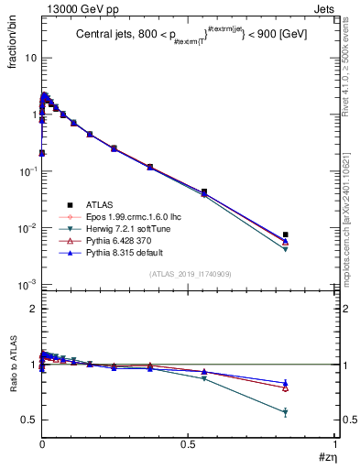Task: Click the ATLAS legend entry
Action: pos(95,204)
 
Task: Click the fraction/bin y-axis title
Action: pos(19,54)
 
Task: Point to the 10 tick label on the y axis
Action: pos(29,58)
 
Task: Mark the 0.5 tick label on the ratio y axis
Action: pos(29,420)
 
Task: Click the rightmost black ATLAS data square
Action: pos(286,234)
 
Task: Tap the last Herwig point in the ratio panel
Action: pos(286,412)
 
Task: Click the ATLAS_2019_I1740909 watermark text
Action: pos(190,274)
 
